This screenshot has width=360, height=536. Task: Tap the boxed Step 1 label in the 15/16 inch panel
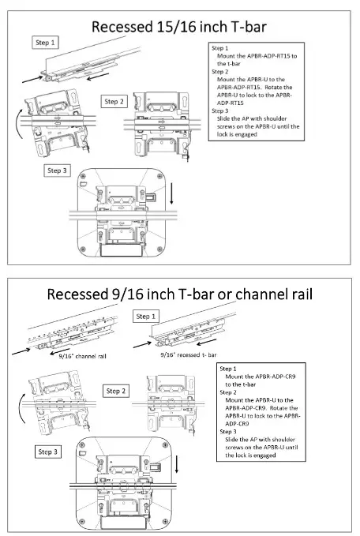44,42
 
